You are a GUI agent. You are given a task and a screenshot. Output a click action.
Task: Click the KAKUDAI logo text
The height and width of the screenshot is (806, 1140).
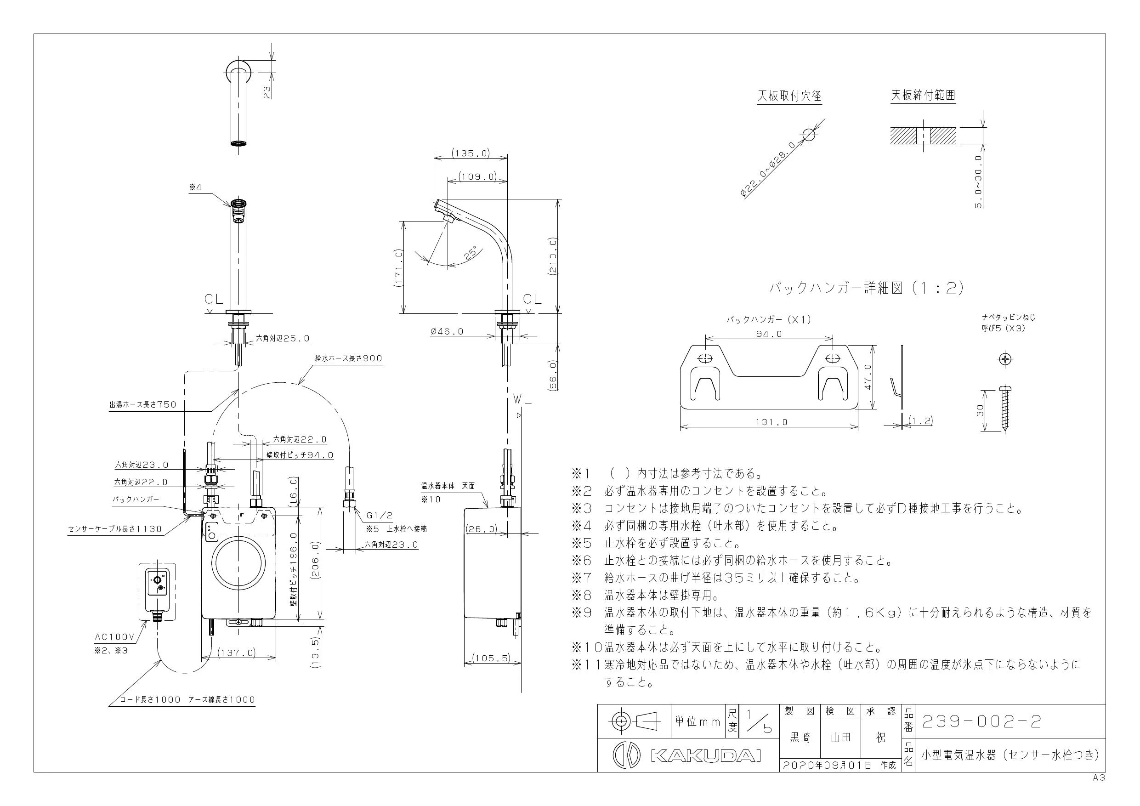click(705, 756)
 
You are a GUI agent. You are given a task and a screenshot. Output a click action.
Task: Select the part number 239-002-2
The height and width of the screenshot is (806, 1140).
click(981, 722)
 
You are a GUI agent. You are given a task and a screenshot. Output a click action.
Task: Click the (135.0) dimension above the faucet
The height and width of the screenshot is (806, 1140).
click(471, 153)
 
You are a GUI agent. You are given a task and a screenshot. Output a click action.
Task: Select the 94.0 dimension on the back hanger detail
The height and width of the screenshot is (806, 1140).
click(769, 334)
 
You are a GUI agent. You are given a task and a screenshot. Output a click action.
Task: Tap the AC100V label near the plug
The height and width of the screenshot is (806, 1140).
click(115, 636)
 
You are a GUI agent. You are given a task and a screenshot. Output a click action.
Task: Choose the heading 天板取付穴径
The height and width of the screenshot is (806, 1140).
click(789, 96)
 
